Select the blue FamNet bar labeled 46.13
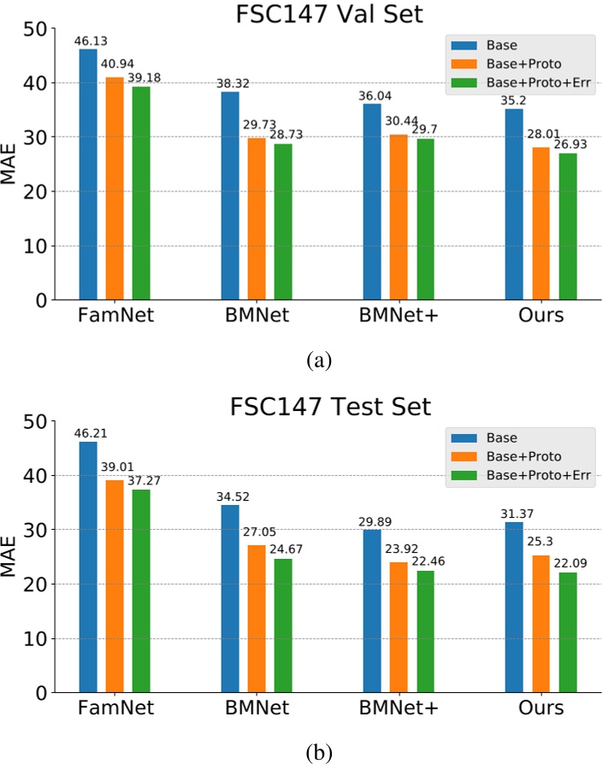88,174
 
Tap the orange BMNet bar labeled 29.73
257,219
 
